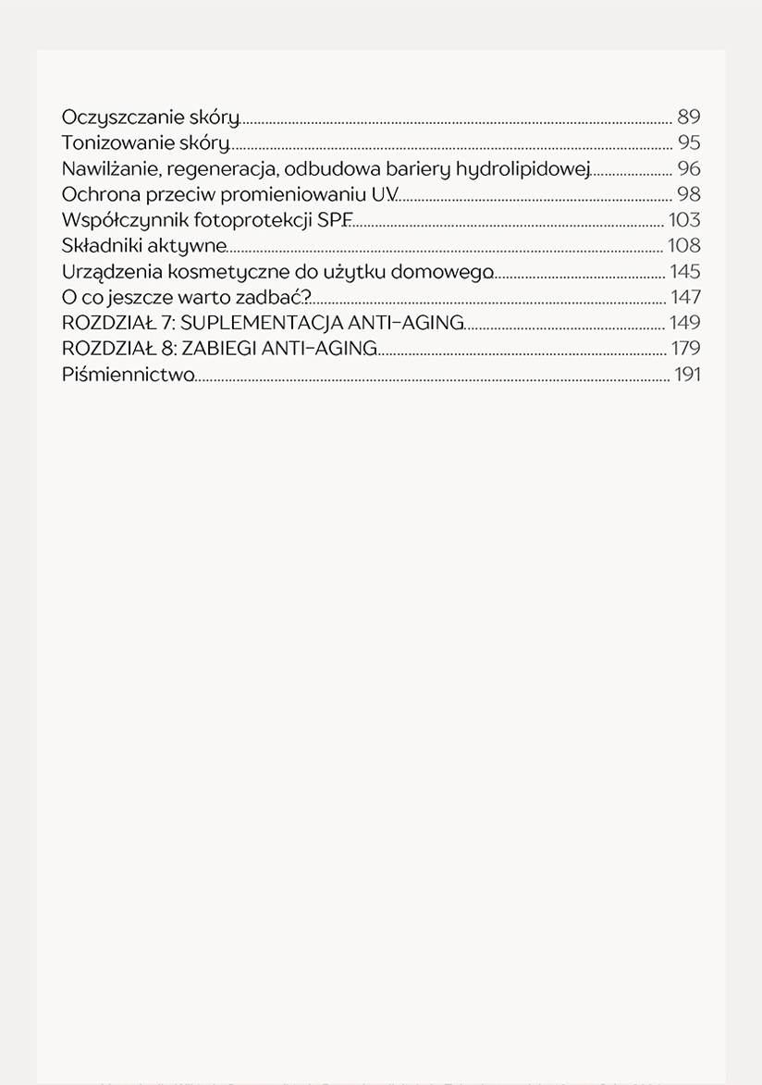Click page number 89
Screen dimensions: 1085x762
click(x=689, y=117)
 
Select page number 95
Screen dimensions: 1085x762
click(x=689, y=143)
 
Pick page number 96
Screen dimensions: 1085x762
click(x=689, y=169)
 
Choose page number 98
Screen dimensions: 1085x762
click(x=689, y=195)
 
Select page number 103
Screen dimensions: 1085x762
click(x=685, y=221)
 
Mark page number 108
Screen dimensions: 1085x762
click(x=685, y=246)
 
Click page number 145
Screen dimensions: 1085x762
click(x=685, y=272)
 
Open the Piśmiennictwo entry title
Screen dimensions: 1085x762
click(x=128, y=375)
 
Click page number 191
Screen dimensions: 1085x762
click(x=687, y=375)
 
